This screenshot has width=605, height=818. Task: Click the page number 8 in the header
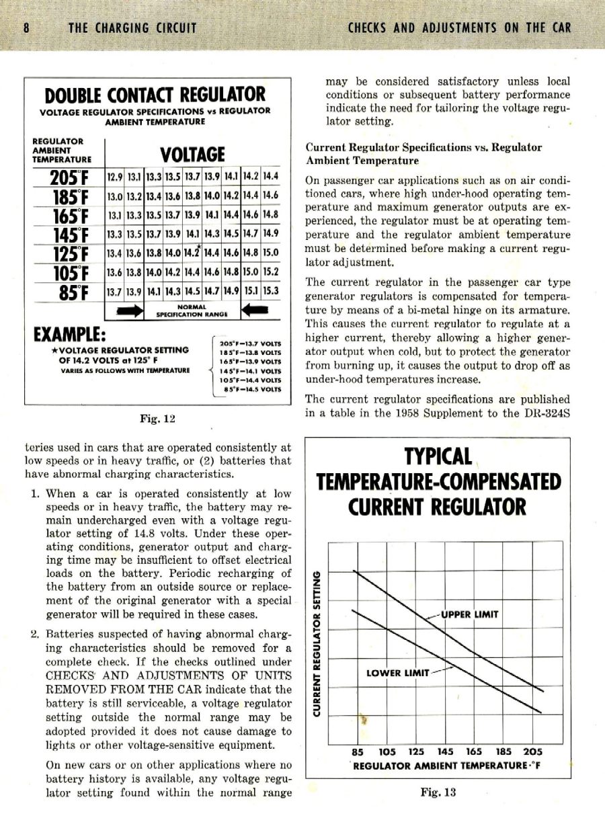coord(26,28)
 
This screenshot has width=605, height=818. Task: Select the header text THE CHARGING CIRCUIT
coord(132,28)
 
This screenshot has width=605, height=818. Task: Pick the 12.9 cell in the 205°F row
coord(114,177)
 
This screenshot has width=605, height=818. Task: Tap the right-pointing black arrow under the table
coord(130,311)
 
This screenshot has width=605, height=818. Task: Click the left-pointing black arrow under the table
coord(258,311)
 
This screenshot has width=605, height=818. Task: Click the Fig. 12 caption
coord(157,419)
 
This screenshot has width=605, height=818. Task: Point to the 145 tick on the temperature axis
coord(445,752)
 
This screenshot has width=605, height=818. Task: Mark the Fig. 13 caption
coord(438,792)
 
